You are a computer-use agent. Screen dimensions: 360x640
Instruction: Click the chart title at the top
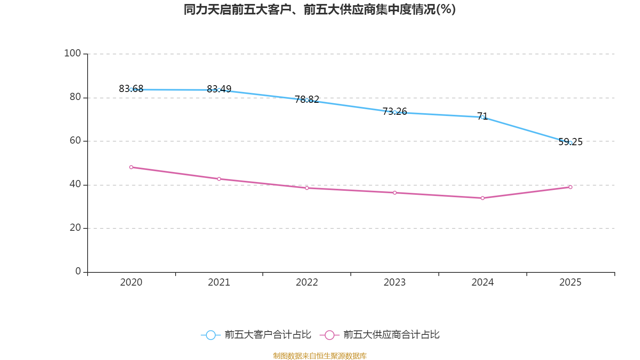click(319, 10)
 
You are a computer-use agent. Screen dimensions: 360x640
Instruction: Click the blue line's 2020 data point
click(131, 90)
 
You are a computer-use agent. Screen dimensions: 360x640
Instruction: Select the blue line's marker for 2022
click(307, 100)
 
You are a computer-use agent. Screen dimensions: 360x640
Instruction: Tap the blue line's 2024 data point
click(482, 117)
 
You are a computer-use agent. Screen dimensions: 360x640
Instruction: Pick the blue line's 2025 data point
click(570, 142)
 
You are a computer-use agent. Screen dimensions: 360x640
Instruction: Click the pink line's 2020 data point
click(131, 167)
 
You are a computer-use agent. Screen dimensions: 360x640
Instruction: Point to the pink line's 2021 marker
click(219, 179)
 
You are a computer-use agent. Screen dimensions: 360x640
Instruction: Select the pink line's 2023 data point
click(395, 193)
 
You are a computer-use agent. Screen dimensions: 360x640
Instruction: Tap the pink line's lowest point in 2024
click(482, 198)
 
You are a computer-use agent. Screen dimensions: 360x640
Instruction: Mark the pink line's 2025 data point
click(570, 187)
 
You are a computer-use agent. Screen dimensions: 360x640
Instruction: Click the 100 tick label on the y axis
click(72, 53)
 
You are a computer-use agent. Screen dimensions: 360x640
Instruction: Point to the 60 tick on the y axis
click(75, 140)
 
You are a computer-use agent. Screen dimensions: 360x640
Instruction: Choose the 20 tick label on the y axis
click(75, 228)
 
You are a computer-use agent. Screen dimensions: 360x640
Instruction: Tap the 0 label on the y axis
click(78, 271)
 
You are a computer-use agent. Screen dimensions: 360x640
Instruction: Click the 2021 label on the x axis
click(219, 282)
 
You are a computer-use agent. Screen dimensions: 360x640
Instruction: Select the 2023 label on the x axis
click(395, 282)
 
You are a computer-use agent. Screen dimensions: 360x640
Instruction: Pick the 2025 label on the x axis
click(570, 282)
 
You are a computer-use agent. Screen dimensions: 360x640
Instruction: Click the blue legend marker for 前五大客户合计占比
click(210, 335)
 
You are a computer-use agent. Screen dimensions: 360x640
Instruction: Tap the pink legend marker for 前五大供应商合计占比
click(329, 335)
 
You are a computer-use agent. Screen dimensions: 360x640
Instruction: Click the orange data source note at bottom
click(320, 356)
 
